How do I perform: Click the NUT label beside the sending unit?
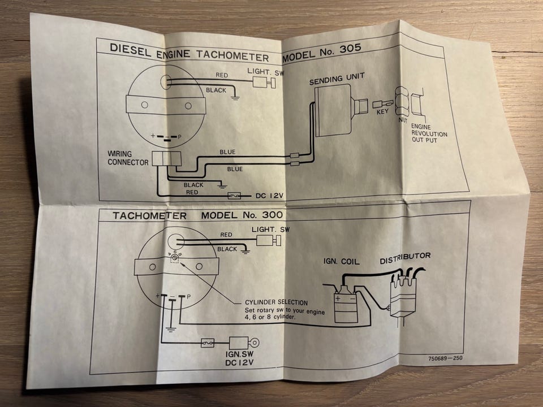(403, 119)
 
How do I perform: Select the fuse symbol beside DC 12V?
(235, 196)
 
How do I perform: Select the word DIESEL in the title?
(130, 48)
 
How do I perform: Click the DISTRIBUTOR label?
(405, 257)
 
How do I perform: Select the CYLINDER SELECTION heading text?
(276, 302)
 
